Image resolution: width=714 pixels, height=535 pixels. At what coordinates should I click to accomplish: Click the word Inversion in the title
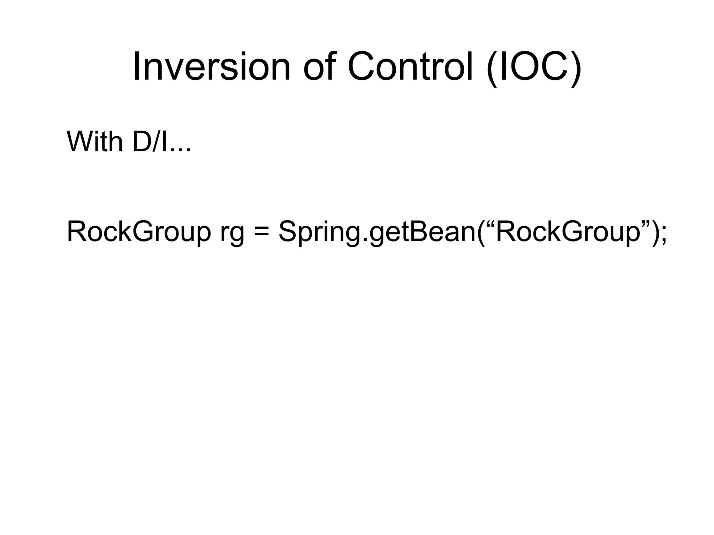pyautogui.click(x=211, y=67)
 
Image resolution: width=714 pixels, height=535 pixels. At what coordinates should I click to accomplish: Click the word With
pyautogui.click(x=94, y=142)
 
